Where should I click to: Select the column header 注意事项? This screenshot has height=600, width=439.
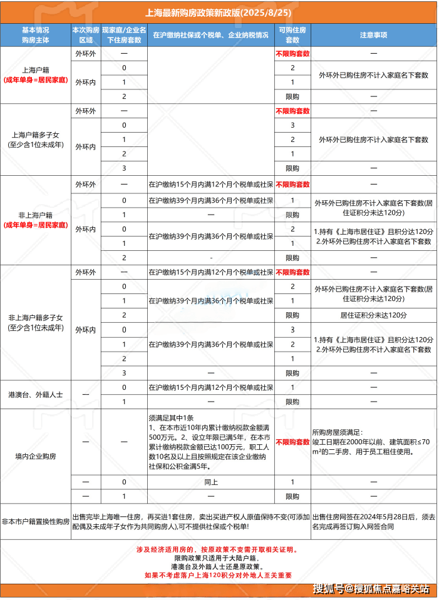[x=373, y=34]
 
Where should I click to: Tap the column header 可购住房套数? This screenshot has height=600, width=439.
[x=292, y=34]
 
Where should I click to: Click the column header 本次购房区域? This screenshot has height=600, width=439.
[x=86, y=34]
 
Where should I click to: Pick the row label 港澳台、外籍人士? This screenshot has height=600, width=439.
[x=36, y=394]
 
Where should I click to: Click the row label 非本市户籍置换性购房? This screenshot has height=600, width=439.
[x=36, y=521]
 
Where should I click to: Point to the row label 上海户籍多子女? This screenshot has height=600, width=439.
[x=36, y=134]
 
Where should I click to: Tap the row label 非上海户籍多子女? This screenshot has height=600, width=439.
[x=36, y=317]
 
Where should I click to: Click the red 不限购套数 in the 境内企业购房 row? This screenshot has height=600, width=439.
[x=292, y=442]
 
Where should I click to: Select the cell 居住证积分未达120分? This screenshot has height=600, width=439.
[x=373, y=315]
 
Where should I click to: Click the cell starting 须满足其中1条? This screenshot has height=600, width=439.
[x=210, y=442]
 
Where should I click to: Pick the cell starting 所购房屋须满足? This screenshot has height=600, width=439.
[x=373, y=442]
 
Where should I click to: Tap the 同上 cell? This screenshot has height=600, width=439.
[x=210, y=482]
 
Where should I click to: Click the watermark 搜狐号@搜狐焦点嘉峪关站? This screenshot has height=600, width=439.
[x=371, y=589]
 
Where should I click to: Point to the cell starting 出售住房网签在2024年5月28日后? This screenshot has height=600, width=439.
[x=373, y=521]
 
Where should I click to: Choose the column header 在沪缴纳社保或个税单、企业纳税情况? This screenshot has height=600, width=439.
[x=210, y=34]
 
